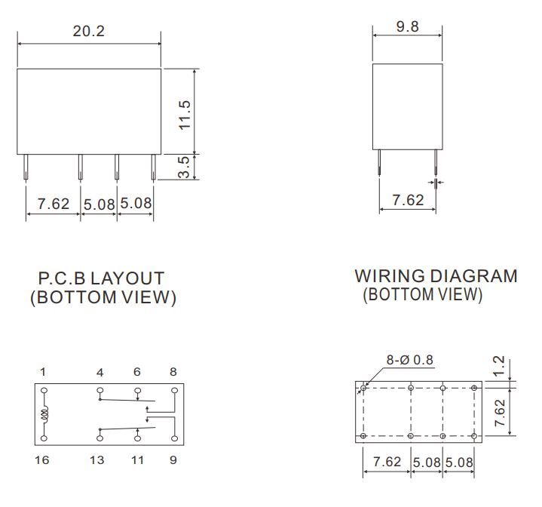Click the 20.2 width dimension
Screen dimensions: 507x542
click(88, 32)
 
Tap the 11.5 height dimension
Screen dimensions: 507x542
click(185, 114)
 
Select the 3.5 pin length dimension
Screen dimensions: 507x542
click(184, 167)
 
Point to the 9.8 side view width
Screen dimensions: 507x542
click(408, 27)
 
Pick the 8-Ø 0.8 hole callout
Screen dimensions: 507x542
click(410, 360)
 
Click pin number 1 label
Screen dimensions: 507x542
click(43, 372)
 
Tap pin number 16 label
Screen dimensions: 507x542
click(42, 459)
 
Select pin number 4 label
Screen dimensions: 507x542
click(100, 372)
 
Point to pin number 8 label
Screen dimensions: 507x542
click(173, 372)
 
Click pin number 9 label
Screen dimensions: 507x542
click(173, 459)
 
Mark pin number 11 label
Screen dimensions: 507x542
click(137, 459)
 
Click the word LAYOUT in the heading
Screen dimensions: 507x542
click(127, 279)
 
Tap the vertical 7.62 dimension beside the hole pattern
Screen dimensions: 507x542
click(499, 412)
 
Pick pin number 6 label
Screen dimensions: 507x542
click(137, 372)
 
